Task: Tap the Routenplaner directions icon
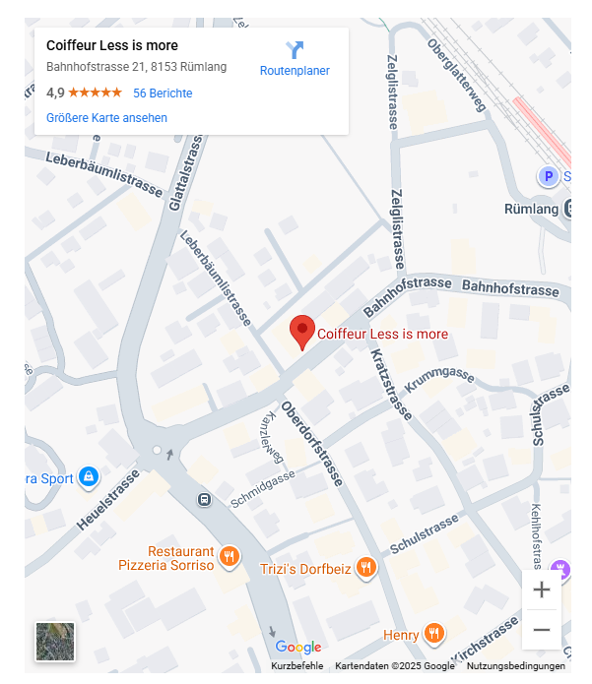[295, 50]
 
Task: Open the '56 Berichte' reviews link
[163, 93]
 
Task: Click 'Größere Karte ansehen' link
[106, 118]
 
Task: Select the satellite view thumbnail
[55, 642]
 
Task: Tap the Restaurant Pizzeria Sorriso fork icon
[230, 558]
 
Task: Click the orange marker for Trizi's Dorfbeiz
[365, 567]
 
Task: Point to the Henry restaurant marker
[433, 634]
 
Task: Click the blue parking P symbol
[548, 177]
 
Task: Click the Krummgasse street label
[439, 382]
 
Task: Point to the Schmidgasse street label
[263, 488]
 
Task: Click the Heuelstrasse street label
[108, 500]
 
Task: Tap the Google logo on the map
[298, 647]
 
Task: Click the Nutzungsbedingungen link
[516, 666]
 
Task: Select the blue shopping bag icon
[89, 477]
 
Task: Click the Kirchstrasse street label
[485, 641]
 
